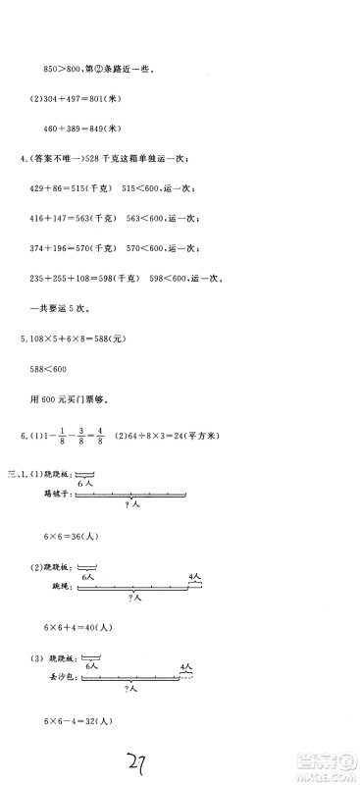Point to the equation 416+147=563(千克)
click(x=78, y=217)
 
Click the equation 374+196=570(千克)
click(x=78, y=247)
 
